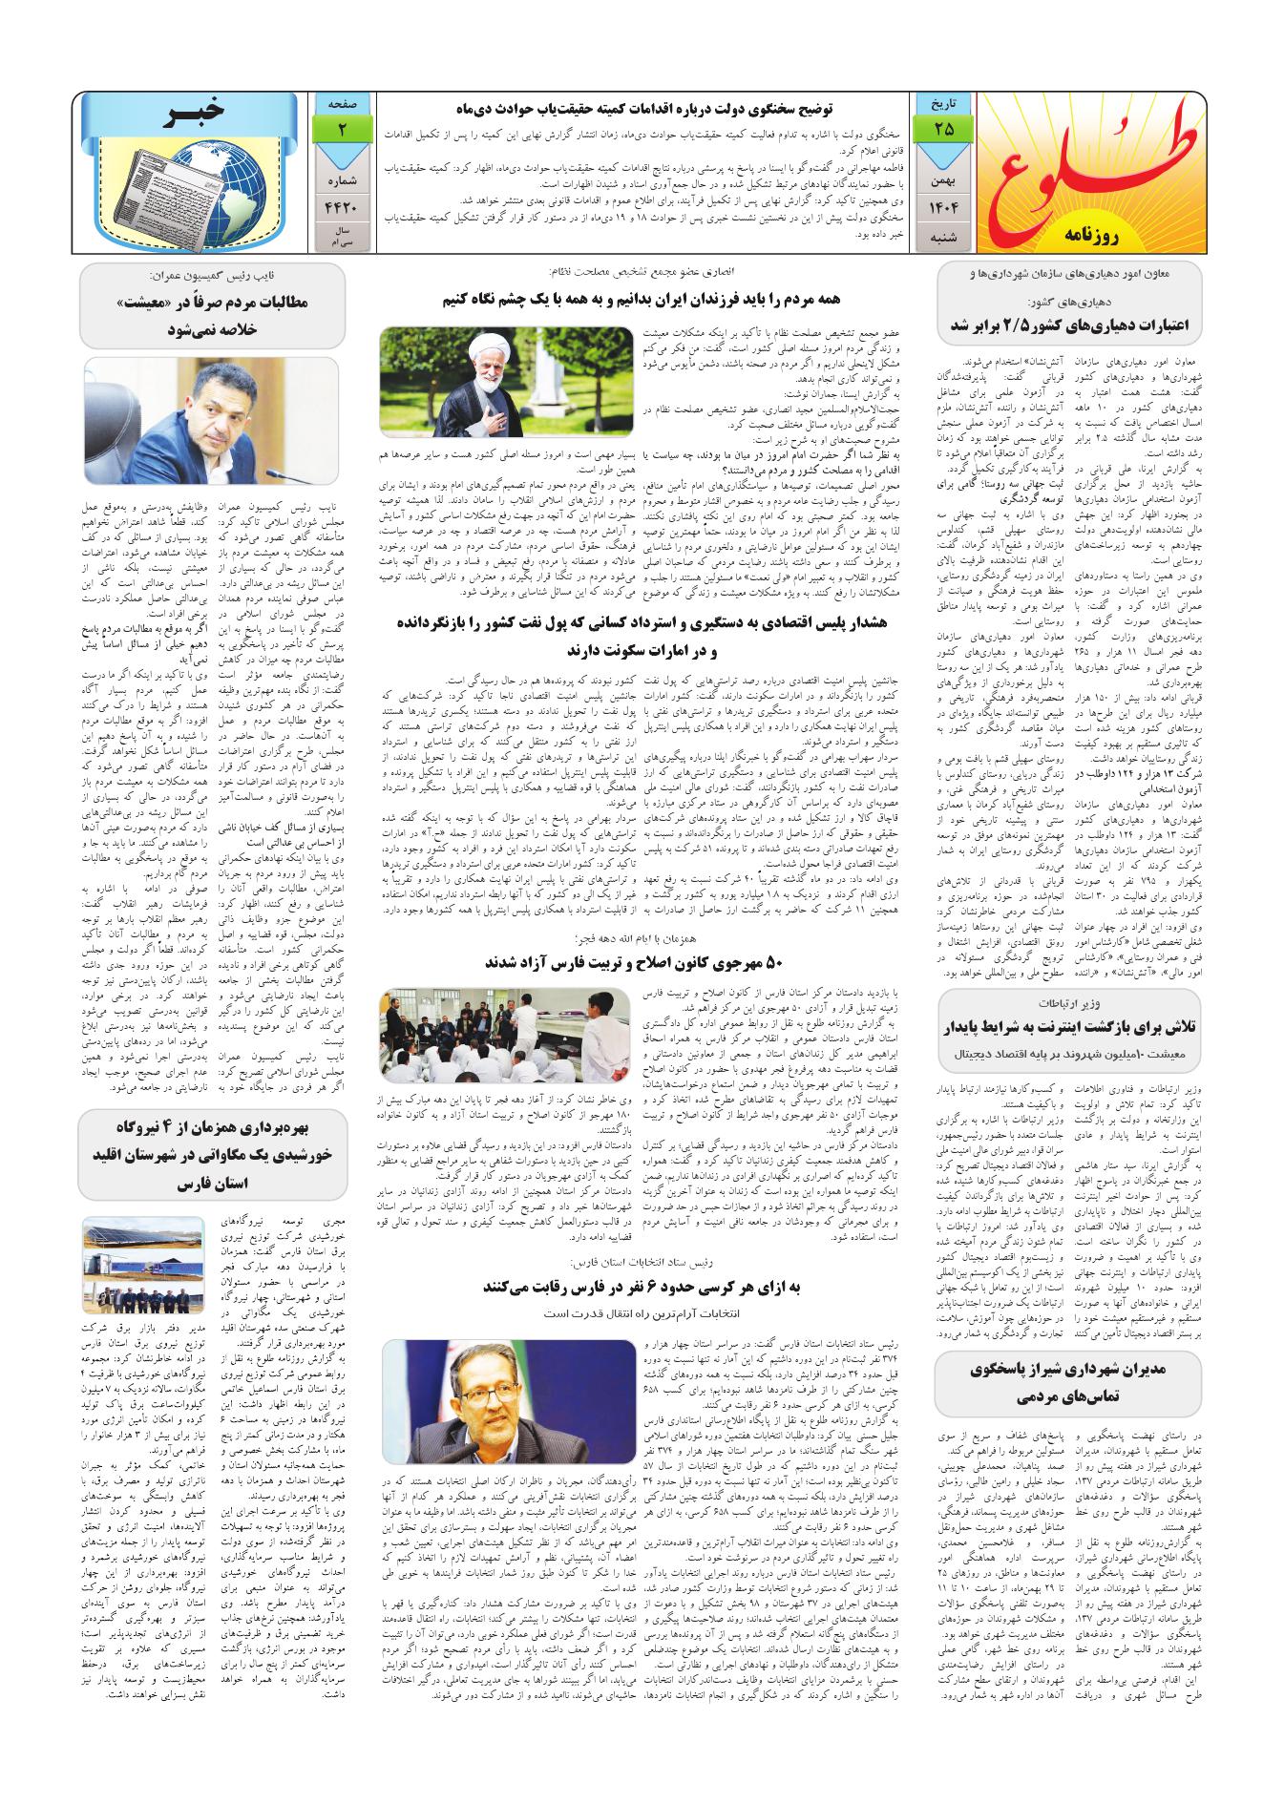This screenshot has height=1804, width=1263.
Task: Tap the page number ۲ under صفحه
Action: point(341,128)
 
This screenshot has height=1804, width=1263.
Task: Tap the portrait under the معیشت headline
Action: point(211,419)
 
